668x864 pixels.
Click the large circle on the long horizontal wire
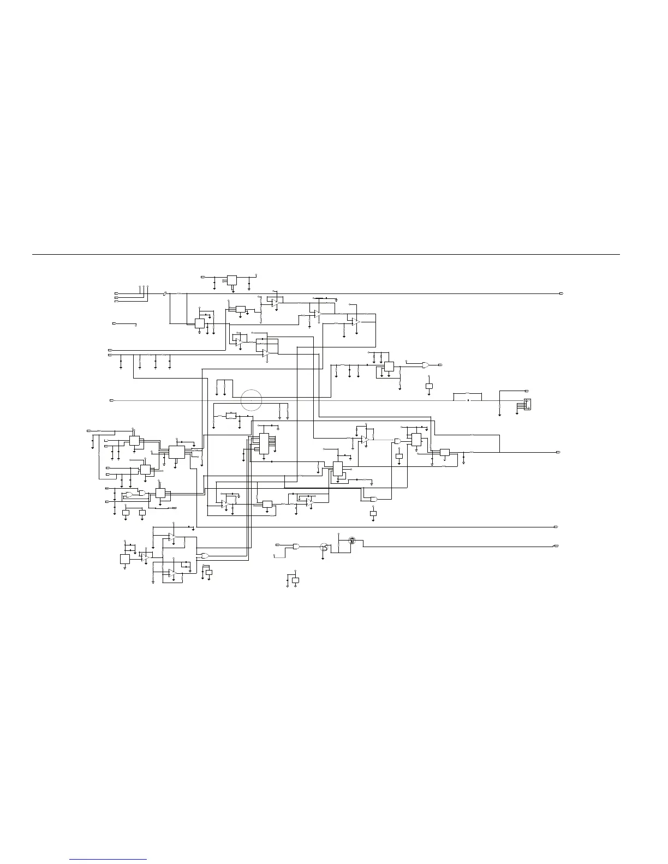tap(251, 400)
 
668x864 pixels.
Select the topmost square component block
tap(232, 280)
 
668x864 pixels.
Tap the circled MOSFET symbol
tap(352, 541)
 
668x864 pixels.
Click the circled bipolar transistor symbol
tap(324, 547)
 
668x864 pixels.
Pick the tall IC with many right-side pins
tap(264, 444)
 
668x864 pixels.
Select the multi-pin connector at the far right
tap(527, 404)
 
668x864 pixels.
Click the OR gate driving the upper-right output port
tap(426, 364)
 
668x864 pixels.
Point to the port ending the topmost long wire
tap(561, 293)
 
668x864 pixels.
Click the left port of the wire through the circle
tap(111, 400)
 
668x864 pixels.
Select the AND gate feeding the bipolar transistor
tap(296, 546)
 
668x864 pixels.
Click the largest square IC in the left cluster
tap(176, 452)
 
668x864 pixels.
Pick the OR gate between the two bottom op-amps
tap(205, 555)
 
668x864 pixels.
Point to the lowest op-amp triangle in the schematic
tap(172, 572)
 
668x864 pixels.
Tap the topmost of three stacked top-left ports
tap(116, 293)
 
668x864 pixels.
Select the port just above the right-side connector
tap(527, 391)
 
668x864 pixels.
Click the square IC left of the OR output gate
tap(389, 367)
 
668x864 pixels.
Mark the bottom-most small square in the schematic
tap(295, 580)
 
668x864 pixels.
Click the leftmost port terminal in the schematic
tap(88, 431)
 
